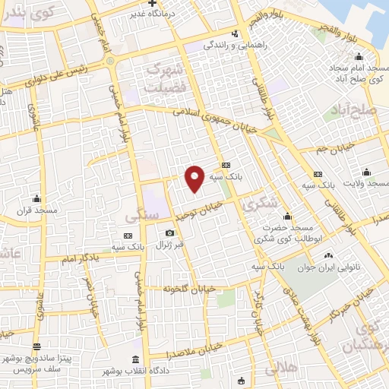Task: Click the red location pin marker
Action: (x=194, y=178)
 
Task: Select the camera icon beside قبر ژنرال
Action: (x=169, y=232)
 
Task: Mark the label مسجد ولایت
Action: (x=365, y=183)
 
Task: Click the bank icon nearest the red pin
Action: (x=225, y=165)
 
